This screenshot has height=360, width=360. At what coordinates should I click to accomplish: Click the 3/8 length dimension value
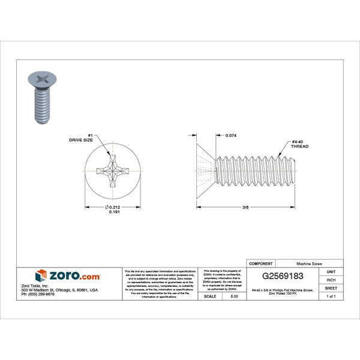(245, 208)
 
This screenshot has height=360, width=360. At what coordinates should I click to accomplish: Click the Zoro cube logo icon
(41, 275)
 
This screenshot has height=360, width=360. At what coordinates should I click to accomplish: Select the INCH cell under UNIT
(331, 280)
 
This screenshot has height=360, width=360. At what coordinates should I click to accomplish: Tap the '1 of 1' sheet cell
(331, 296)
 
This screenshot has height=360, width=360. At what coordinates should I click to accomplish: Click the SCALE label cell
(211, 296)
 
